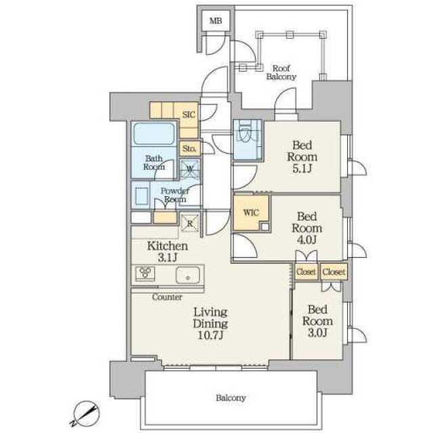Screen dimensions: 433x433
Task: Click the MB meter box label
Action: [x=215, y=21]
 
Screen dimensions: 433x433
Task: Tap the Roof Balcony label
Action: [x=281, y=72]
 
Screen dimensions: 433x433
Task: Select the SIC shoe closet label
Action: [x=189, y=114]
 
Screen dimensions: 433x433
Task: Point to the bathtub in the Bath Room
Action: [x=154, y=134]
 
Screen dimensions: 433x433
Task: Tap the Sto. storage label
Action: [x=189, y=149]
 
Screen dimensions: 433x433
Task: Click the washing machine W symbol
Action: [x=189, y=168]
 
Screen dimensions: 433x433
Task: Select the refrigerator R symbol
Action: [x=189, y=223]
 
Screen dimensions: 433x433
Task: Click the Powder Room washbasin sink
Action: [x=141, y=196]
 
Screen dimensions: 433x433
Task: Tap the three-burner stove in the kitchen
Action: [x=145, y=273]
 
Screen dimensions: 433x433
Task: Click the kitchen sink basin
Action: [x=188, y=275]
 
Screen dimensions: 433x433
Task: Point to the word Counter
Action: [x=167, y=297]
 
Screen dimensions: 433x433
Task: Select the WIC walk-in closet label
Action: [x=251, y=212]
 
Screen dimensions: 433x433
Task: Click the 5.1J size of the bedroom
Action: [x=302, y=168]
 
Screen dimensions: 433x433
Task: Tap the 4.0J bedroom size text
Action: [x=306, y=240]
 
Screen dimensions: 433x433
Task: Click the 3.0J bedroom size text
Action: [x=317, y=333]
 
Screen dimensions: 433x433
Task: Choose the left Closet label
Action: [x=306, y=272]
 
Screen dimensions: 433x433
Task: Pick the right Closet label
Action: [x=334, y=272]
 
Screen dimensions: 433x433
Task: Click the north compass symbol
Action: [x=86, y=413]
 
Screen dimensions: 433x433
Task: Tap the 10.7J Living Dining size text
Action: [x=210, y=336]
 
